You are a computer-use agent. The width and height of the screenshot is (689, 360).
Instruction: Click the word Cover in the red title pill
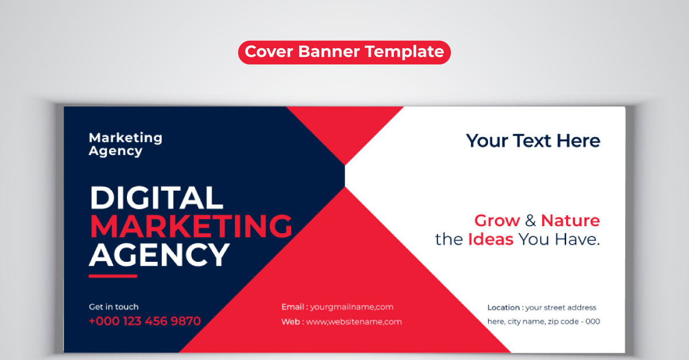coord(269,51)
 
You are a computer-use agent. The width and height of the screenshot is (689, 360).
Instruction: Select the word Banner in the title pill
coord(329,51)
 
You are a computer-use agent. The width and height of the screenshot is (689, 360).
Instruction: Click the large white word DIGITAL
coord(156,198)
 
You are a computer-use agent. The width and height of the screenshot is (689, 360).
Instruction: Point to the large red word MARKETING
coord(191,226)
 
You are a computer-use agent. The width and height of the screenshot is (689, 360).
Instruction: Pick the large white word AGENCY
coord(160,255)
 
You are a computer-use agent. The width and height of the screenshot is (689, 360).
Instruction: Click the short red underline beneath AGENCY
coord(113,276)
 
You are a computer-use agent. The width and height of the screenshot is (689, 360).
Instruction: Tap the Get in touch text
coord(114,307)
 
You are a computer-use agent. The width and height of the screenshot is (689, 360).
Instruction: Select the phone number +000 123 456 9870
coord(145,321)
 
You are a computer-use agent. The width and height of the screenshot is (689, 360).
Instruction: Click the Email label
coord(292,307)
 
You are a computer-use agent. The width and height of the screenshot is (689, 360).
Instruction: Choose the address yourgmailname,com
coord(351,307)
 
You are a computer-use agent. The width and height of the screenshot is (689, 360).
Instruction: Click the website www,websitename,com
coord(354,322)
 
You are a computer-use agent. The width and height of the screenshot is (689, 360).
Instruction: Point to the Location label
coord(504,307)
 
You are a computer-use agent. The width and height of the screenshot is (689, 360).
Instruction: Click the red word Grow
coord(497,220)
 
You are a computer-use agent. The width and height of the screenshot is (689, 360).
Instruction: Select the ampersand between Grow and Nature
coord(531,220)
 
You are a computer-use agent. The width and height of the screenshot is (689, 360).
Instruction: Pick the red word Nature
coord(570,220)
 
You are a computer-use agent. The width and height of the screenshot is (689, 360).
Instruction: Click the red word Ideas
coord(490,239)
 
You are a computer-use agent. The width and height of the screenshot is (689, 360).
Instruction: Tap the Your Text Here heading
coord(533,141)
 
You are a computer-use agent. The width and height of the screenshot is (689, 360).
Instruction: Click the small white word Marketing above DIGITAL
coord(126,138)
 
